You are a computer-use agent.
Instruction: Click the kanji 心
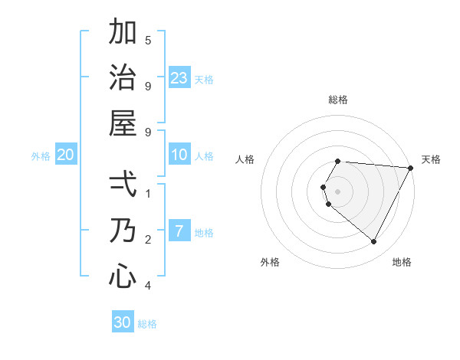(x=123, y=275)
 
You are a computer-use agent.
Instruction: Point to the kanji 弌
(x=123, y=185)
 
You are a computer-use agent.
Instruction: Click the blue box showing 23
(x=179, y=77)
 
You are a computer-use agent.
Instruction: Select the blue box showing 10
(x=179, y=155)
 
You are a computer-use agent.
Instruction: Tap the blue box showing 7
(x=179, y=231)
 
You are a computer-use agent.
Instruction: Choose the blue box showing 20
(x=66, y=155)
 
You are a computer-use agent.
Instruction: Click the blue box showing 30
(x=123, y=322)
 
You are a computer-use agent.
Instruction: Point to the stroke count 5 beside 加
(x=148, y=40)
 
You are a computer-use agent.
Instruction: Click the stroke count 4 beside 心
(x=148, y=286)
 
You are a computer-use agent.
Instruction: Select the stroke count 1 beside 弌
(x=148, y=194)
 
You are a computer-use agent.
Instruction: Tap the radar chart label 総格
(x=338, y=100)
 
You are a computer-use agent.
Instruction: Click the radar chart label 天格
(x=431, y=159)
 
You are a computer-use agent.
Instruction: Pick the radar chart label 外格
(x=270, y=262)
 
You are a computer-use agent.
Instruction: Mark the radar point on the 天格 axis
(x=411, y=168)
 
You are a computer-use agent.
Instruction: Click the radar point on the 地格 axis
(x=374, y=242)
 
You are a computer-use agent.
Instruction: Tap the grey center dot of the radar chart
(x=338, y=191)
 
